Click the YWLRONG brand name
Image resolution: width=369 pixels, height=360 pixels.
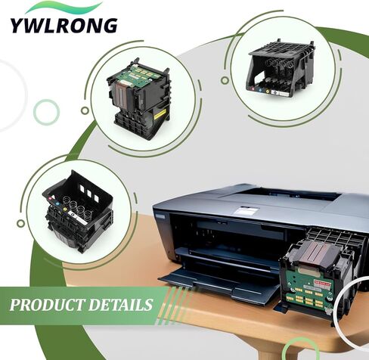64,25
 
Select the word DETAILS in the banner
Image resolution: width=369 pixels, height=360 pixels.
120,305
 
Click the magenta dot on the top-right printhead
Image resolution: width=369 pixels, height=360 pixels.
253,89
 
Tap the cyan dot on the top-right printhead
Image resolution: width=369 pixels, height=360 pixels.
260,90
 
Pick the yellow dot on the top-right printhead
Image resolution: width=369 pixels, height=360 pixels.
268,92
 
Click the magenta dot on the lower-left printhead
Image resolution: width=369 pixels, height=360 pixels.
50,198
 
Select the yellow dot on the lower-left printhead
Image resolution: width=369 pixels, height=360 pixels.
66,209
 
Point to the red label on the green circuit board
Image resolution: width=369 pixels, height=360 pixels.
322,284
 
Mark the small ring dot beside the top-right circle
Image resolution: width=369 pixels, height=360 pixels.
225,80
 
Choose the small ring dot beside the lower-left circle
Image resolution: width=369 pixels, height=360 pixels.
21,223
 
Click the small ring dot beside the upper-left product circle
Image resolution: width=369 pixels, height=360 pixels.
85,110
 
